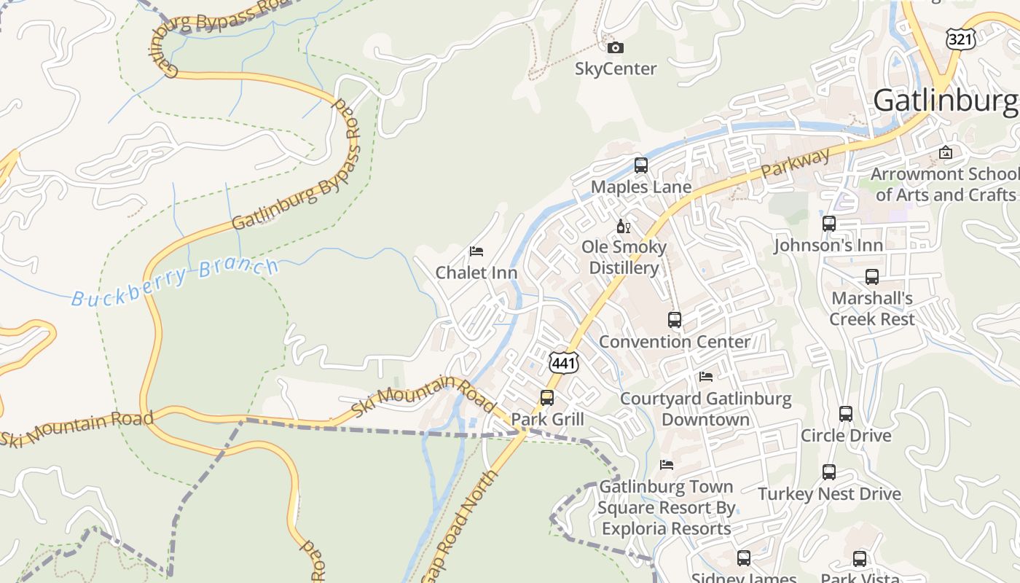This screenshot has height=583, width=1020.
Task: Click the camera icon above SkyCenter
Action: [x=616, y=48]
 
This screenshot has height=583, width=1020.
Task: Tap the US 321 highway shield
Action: [x=960, y=38]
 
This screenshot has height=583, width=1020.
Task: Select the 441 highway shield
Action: [x=564, y=363]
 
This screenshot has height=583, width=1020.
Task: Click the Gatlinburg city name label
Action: [x=946, y=101]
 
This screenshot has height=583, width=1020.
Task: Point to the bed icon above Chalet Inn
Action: [x=476, y=251]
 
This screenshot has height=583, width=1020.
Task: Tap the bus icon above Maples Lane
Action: [x=641, y=165]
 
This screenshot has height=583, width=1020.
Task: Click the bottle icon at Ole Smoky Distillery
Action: [x=623, y=226]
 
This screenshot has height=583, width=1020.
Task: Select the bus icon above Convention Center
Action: [x=675, y=320]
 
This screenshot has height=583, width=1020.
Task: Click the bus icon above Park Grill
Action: [x=547, y=398]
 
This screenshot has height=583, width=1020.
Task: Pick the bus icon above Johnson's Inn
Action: [x=829, y=224]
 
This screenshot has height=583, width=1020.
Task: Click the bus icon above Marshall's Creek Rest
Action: [x=872, y=277]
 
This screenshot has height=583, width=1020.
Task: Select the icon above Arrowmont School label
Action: [x=946, y=152]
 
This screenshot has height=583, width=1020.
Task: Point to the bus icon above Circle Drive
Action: [x=846, y=414]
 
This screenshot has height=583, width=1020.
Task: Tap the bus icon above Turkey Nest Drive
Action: [x=829, y=472]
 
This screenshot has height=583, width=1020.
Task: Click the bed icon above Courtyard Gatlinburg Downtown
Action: [x=706, y=377]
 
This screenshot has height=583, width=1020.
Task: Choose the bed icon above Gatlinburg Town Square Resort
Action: [x=667, y=465]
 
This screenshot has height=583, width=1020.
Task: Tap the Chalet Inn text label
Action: [x=476, y=273]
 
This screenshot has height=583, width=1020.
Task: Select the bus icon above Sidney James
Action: [x=744, y=558]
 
